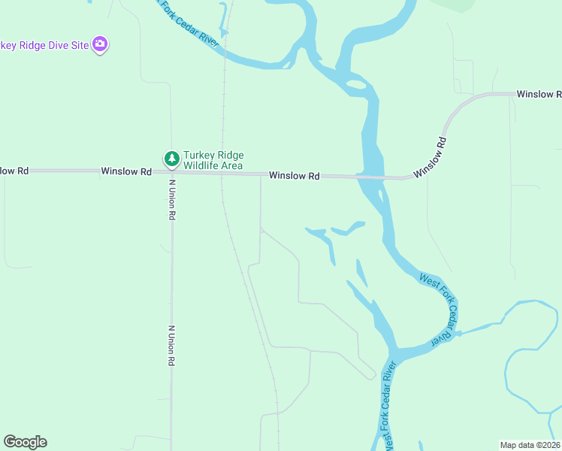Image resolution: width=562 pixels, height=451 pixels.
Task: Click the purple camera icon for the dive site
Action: (100, 44)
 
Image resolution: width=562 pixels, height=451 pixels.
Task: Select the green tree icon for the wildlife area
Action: (171, 159)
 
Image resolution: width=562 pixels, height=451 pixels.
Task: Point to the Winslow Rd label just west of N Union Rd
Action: (126, 171)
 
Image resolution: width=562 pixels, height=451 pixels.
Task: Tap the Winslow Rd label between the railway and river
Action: (295, 176)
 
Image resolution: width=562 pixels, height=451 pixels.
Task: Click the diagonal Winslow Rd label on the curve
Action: (430, 156)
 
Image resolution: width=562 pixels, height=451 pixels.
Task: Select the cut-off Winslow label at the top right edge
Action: (539, 94)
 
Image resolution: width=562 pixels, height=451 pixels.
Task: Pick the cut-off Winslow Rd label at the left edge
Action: (14, 171)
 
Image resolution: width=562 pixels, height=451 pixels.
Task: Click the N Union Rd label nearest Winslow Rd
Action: (172, 199)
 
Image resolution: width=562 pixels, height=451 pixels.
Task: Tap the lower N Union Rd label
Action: (171, 346)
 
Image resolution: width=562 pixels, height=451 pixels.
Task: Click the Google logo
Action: (25, 442)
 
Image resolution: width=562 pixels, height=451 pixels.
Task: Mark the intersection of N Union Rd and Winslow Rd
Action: (171, 172)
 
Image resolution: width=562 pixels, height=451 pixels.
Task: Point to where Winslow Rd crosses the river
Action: (373, 177)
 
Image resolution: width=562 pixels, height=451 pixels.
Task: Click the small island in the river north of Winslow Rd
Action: (357, 86)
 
